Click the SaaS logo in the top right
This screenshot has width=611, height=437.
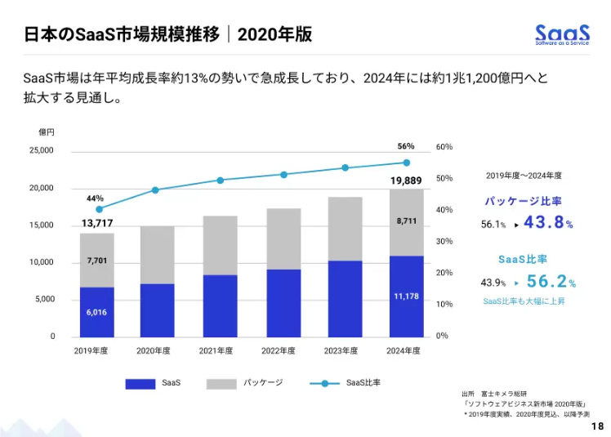tap(562, 35)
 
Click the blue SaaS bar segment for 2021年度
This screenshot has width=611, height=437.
tap(221, 305)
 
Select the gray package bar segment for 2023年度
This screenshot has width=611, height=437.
tap(345, 229)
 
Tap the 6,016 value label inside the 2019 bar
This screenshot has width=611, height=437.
tap(96, 312)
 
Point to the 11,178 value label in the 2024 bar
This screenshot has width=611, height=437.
tap(406, 296)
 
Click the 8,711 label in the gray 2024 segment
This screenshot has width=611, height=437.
tap(406, 221)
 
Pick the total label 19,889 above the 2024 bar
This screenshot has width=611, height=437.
tap(406, 180)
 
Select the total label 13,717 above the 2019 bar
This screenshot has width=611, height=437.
tap(96, 223)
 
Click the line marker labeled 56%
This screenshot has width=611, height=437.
tap(406, 163)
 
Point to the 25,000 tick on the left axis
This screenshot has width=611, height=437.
tap(42, 151)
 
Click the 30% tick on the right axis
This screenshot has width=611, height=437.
tap(444, 241)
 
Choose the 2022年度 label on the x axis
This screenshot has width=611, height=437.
tap(283, 350)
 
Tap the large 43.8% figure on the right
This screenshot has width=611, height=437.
tap(547, 222)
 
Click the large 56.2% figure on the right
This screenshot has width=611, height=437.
tap(551, 283)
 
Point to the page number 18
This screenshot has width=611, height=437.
tap(597, 426)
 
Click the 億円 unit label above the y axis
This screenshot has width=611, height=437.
tap(46, 132)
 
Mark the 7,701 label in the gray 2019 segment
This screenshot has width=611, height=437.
tap(96, 261)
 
